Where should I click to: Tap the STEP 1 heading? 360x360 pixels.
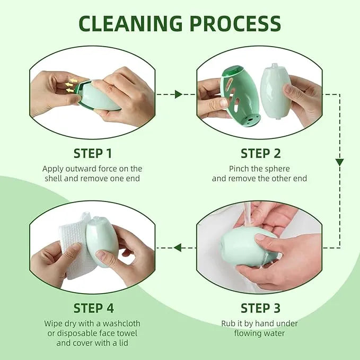pyautogui.click(x=92, y=154)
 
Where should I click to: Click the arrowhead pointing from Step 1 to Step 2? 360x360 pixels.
pyautogui.click(x=179, y=94)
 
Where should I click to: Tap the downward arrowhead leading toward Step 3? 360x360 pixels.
pyautogui.click(x=339, y=162)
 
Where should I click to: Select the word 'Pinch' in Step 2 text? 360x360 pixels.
pyautogui.click(x=240, y=169)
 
